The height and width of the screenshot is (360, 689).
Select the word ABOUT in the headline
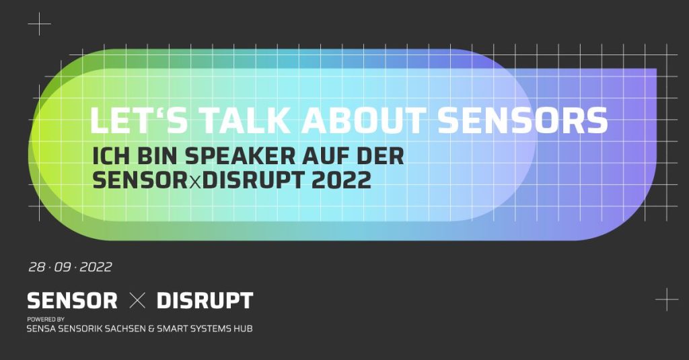point(364,120)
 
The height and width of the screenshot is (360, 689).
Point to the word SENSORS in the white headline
point(523,120)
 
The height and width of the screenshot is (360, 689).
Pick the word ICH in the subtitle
point(111,156)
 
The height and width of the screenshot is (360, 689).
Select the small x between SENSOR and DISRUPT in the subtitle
point(195,182)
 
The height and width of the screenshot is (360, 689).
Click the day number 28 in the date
point(37,267)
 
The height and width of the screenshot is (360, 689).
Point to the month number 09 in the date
point(63,267)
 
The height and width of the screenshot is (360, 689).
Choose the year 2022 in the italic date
point(96,267)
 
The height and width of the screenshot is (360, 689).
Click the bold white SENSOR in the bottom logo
point(72,301)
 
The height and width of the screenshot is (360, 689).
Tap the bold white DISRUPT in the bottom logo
point(205,301)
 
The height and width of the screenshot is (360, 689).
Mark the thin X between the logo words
point(137,301)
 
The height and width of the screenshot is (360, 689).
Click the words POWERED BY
point(46,319)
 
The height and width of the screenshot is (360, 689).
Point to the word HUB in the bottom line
point(243,328)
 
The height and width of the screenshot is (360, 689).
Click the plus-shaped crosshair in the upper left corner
point(39,24)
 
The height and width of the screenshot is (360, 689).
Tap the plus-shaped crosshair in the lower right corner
point(667,299)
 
